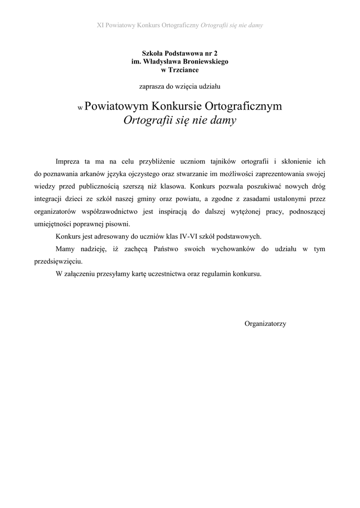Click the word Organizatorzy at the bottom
click(x=265, y=324)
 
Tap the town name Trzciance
click(x=183, y=70)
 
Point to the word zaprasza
click(x=152, y=86)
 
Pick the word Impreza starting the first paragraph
click(x=68, y=162)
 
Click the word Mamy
click(x=65, y=249)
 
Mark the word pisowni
click(x=117, y=224)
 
